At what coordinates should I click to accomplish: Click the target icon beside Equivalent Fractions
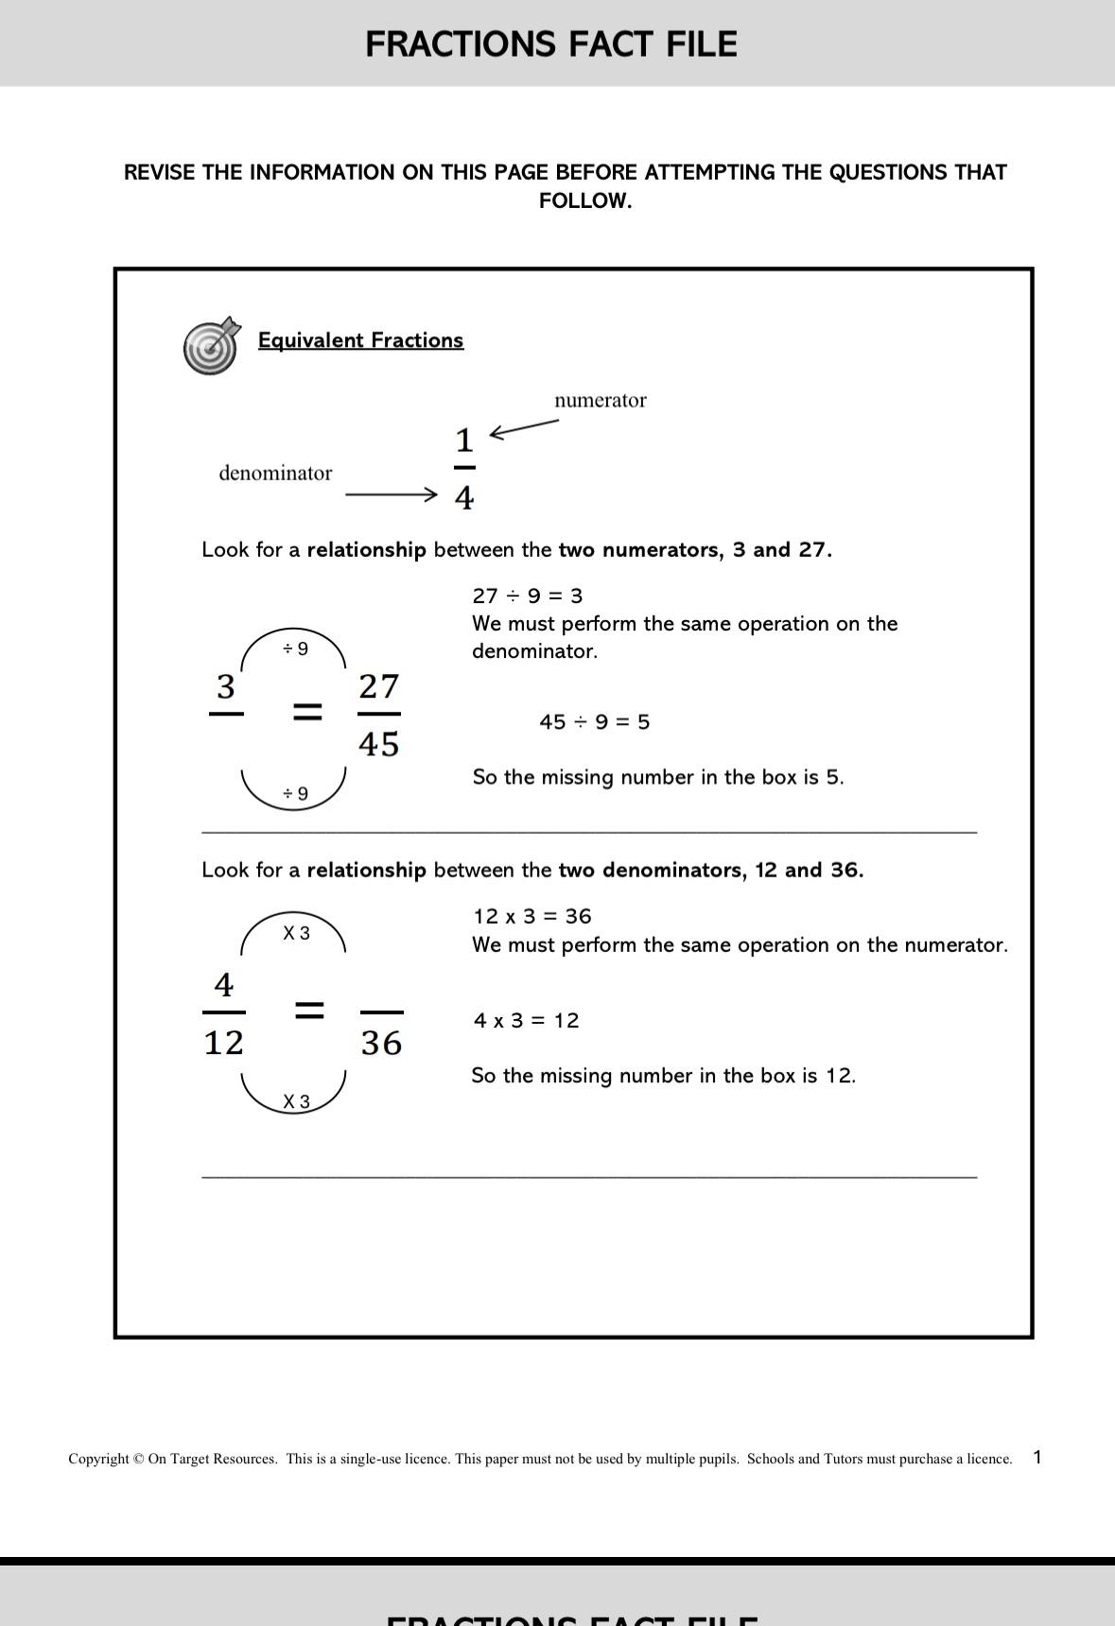point(211,345)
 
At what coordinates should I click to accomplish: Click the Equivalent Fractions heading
point(360,340)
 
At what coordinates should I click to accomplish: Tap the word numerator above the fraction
point(601,400)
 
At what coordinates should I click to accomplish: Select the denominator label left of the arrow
point(275,473)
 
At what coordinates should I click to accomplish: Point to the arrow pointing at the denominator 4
point(391,494)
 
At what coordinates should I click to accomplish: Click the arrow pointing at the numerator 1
point(525,428)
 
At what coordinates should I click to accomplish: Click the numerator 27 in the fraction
point(379,685)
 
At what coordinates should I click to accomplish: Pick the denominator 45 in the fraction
point(379,745)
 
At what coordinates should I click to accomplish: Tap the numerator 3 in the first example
point(226,685)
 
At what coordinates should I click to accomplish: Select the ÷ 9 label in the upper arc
point(296,649)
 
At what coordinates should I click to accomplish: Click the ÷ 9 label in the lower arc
point(296,793)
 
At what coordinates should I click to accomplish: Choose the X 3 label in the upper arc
point(296,933)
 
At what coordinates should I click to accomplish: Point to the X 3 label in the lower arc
point(296,1101)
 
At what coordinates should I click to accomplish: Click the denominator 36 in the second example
point(381,1043)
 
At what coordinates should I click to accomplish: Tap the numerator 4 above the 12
point(224,985)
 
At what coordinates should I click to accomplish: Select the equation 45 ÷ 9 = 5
point(594,722)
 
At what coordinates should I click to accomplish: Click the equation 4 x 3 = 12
point(526,1020)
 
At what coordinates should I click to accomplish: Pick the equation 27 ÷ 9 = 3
point(527,596)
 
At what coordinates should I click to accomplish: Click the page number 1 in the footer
point(1037,1457)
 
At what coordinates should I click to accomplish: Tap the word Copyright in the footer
point(97,1459)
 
